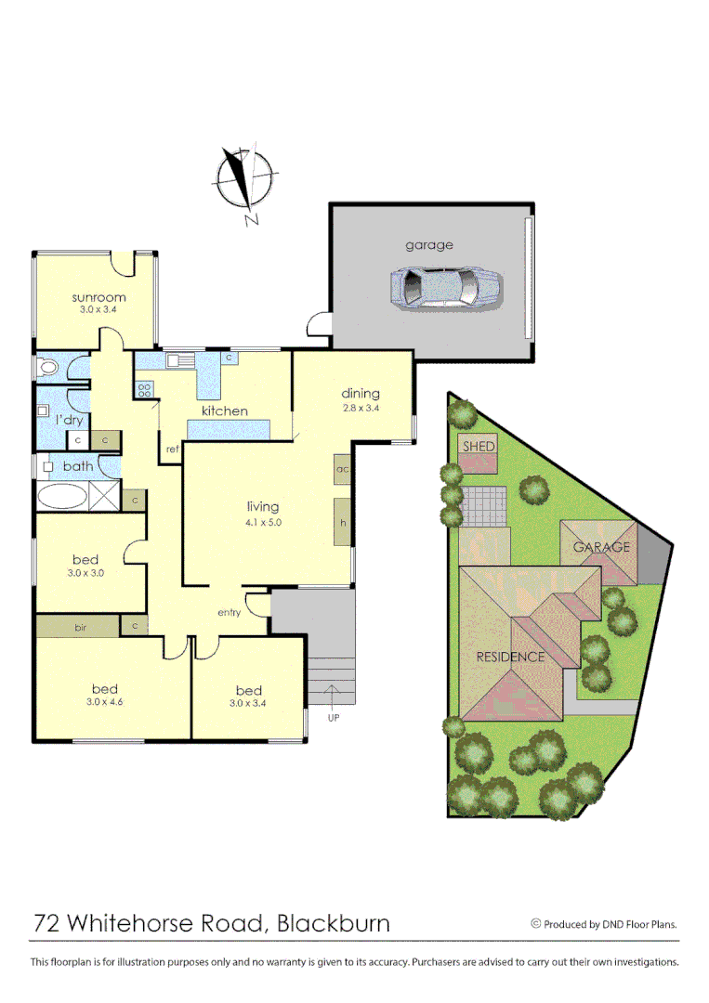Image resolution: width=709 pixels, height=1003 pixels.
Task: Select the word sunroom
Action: point(98,297)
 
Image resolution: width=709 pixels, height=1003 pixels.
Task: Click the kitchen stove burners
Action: point(144,390)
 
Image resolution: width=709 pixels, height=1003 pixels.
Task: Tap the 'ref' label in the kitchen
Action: point(172,449)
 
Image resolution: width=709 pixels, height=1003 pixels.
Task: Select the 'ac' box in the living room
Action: point(342,469)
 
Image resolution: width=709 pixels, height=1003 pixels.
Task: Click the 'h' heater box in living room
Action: point(342,523)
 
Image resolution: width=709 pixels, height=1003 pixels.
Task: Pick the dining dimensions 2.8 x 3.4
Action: point(361,408)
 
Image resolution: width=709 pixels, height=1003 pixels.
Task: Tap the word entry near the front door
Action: point(229,612)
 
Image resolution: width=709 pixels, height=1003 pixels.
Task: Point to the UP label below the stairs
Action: point(334,717)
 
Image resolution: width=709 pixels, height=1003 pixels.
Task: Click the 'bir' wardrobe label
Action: point(81,628)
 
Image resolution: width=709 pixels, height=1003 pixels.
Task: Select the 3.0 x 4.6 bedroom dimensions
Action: point(105,702)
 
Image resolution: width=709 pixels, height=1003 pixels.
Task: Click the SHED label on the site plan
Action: point(479,447)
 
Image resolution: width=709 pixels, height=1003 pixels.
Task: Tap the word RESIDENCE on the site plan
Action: point(510,657)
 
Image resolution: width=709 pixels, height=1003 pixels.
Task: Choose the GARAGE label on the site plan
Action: point(601,547)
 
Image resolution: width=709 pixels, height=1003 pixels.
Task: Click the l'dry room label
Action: point(68,420)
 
